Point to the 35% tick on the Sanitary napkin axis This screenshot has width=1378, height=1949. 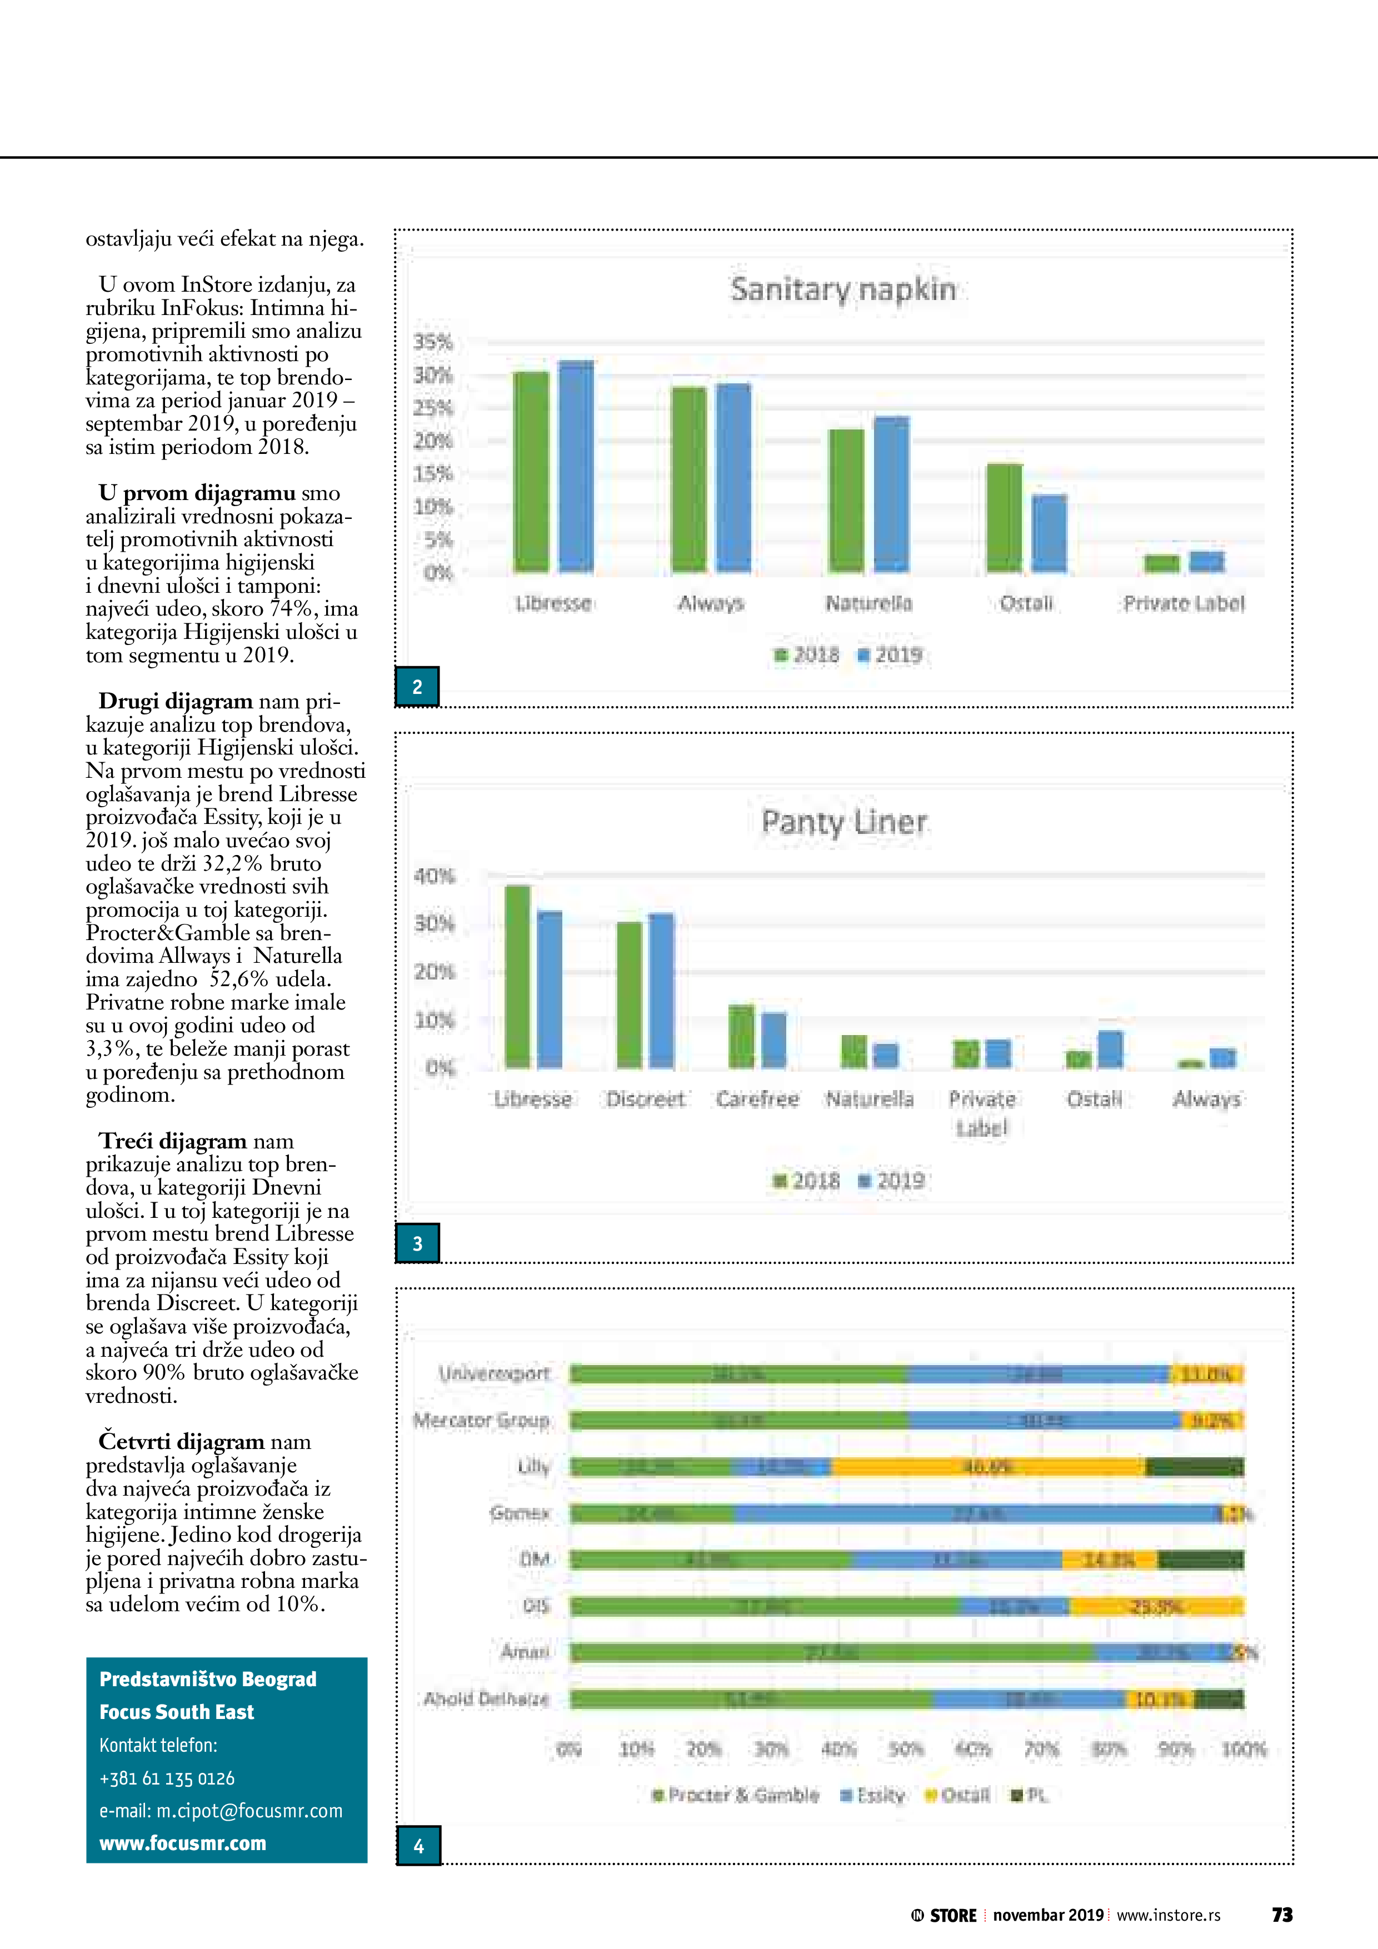coord(433,342)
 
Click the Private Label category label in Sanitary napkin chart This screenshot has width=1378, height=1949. coord(1184,603)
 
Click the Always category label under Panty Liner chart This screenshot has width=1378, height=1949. coord(1206,1100)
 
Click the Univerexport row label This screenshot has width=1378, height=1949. coord(494,1373)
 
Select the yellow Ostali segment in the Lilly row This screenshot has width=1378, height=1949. coord(987,1467)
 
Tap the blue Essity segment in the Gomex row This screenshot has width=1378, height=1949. coord(976,1513)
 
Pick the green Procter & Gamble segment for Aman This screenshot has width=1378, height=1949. coord(832,1652)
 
